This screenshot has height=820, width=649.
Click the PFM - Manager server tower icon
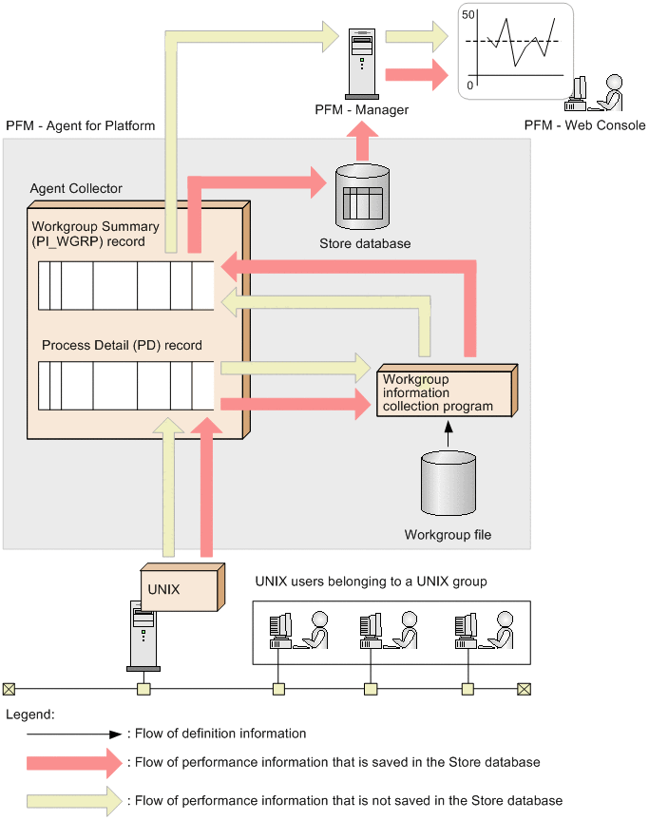[x=362, y=64]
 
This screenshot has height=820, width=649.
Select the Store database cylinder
[x=362, y=196]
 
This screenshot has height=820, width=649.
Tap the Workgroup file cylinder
[x=449, y=484]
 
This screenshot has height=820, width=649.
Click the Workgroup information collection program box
[x=448, y=391]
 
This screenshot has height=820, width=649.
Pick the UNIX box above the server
[x=182, y=587]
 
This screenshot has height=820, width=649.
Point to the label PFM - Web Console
[x=584, y=125]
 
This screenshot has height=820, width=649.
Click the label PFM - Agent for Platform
[x=81, y=126]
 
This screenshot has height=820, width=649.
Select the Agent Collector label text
[x=76, y=188]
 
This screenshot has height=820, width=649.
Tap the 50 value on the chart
[x=468, y=14]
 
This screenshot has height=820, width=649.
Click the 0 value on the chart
[x=469, y=85]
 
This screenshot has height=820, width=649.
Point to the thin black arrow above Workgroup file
[x=449, y=434]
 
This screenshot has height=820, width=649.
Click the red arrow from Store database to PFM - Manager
[x=362, y=142]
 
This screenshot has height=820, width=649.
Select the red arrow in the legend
[x=74, y=763]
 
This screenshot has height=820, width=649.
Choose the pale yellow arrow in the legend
[x=74, y=801]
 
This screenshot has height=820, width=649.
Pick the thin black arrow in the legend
[x=74, y=734]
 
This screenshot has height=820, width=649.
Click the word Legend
[x=29, y=715]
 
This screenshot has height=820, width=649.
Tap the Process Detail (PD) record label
[x=122, y=345]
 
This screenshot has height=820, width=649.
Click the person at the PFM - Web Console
[x=609, y=92]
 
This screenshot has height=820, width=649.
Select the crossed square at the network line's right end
[x=524, y=689]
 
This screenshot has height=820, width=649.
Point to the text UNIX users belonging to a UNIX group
[x=371, y=582]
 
